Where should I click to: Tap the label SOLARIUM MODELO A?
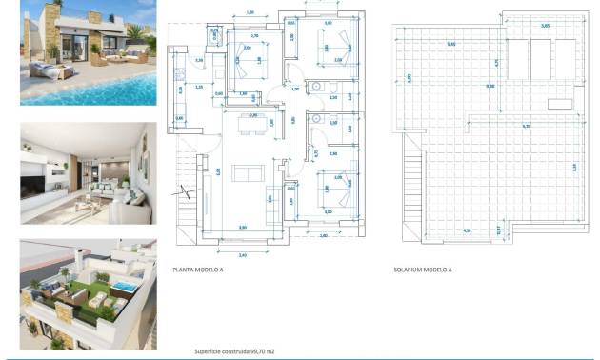423,270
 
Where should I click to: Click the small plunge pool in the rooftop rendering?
121,287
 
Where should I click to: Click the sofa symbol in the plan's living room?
249,172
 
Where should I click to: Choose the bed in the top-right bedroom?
335,44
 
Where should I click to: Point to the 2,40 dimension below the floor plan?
242,254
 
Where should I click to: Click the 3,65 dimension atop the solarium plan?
544,27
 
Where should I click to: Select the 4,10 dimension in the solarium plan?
466,230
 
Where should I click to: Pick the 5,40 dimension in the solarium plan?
451,45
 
